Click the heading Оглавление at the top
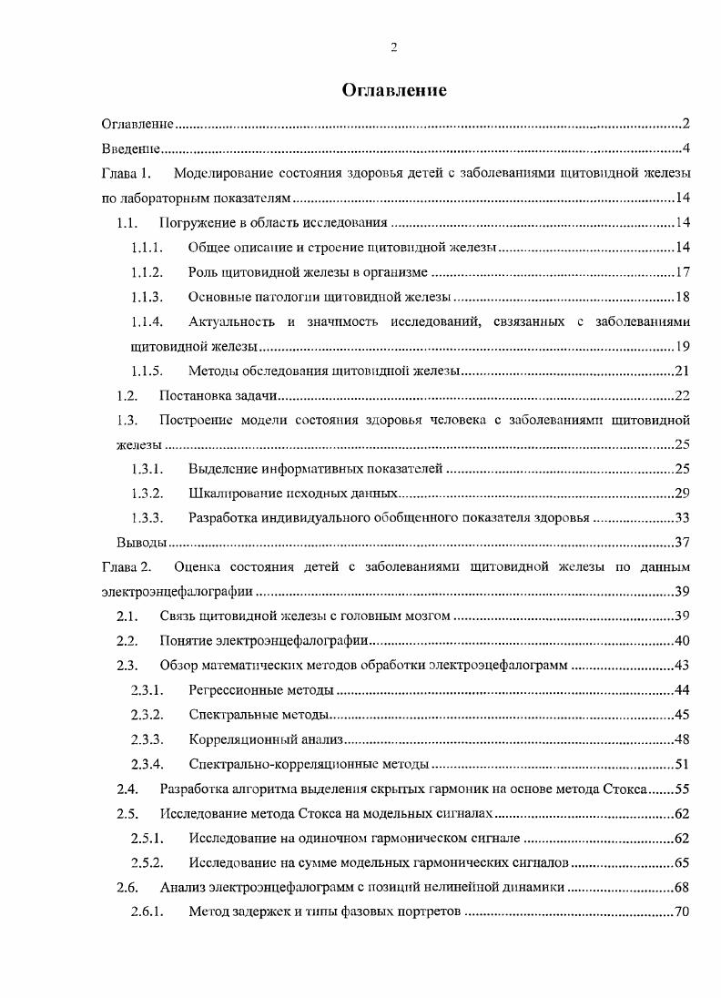coord(394,90)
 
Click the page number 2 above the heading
coord(393,47)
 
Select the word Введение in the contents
coord(131,148)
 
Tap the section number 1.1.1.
coord(147,247)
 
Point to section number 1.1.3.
coord(147,296)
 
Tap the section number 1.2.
coord(127,394)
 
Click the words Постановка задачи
coord(218,394)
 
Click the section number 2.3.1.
coord(147,689)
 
